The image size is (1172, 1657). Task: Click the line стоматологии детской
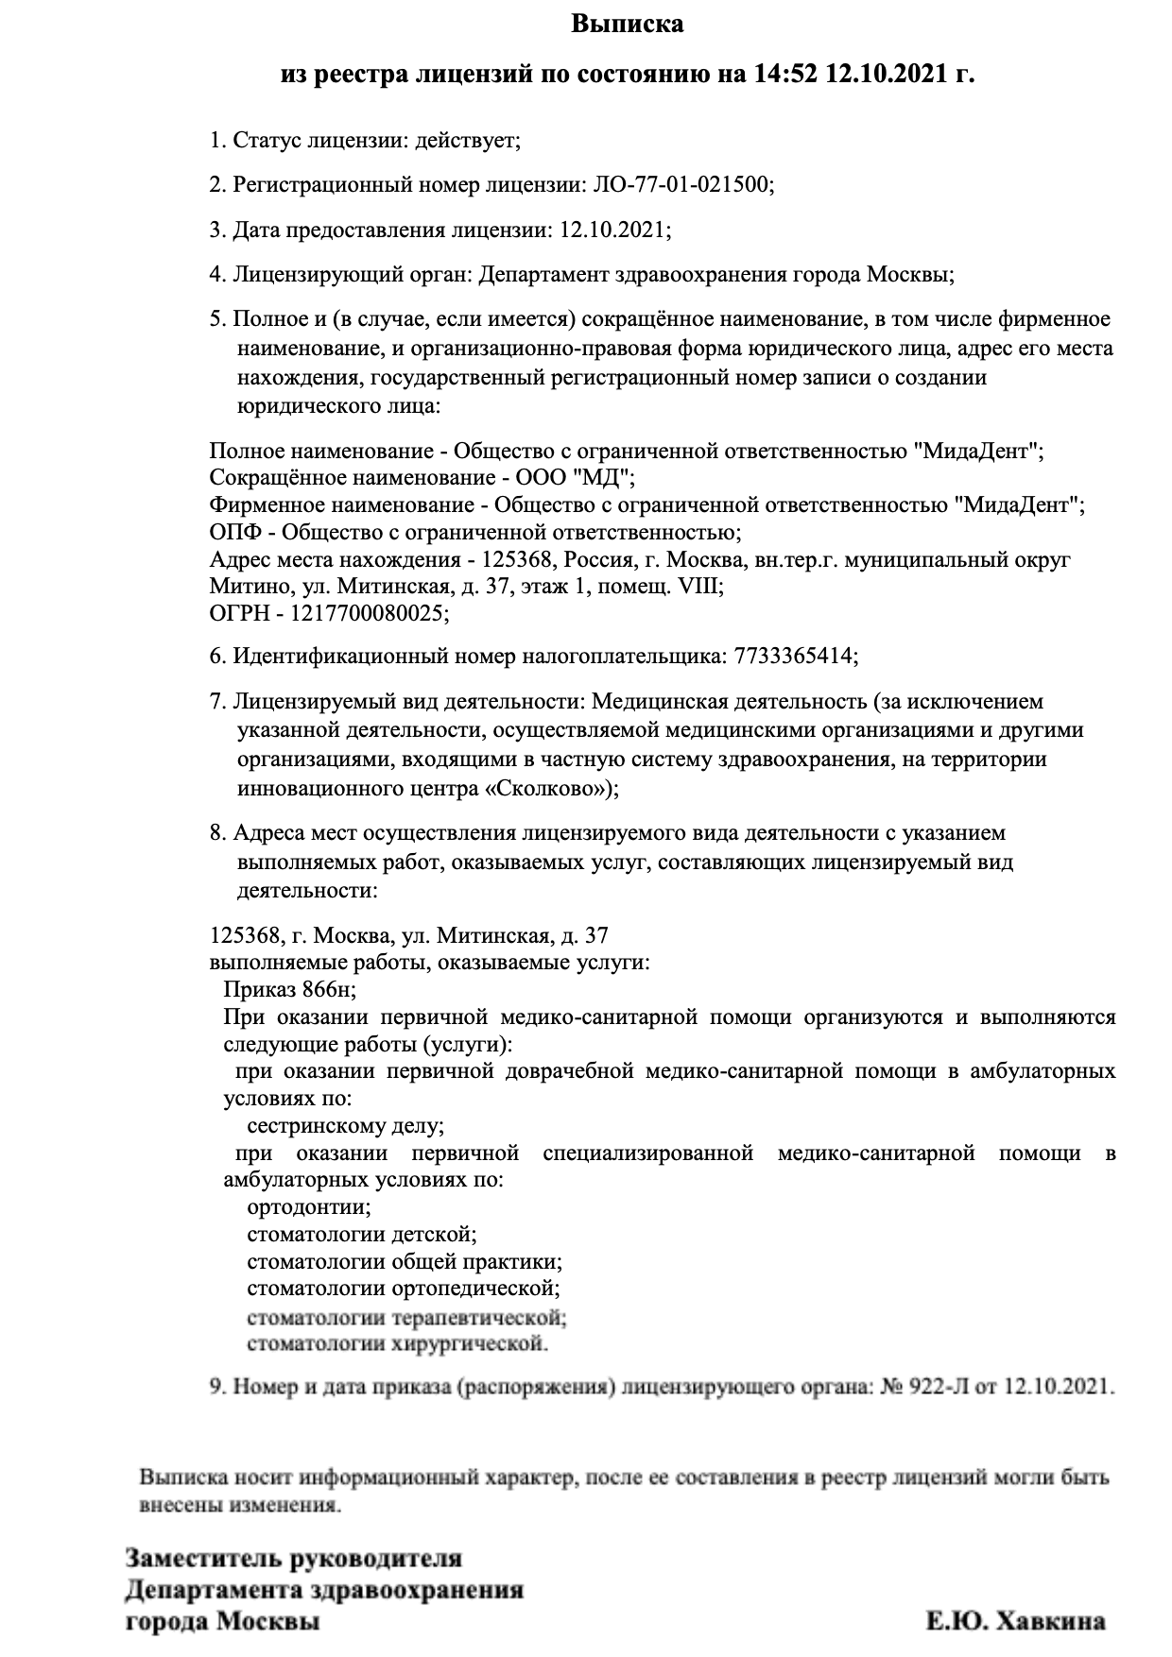tap(361, 1235)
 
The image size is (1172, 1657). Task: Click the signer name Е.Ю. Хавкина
tap(1015, 1623)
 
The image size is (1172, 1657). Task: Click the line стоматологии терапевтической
tap(406, 1317)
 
